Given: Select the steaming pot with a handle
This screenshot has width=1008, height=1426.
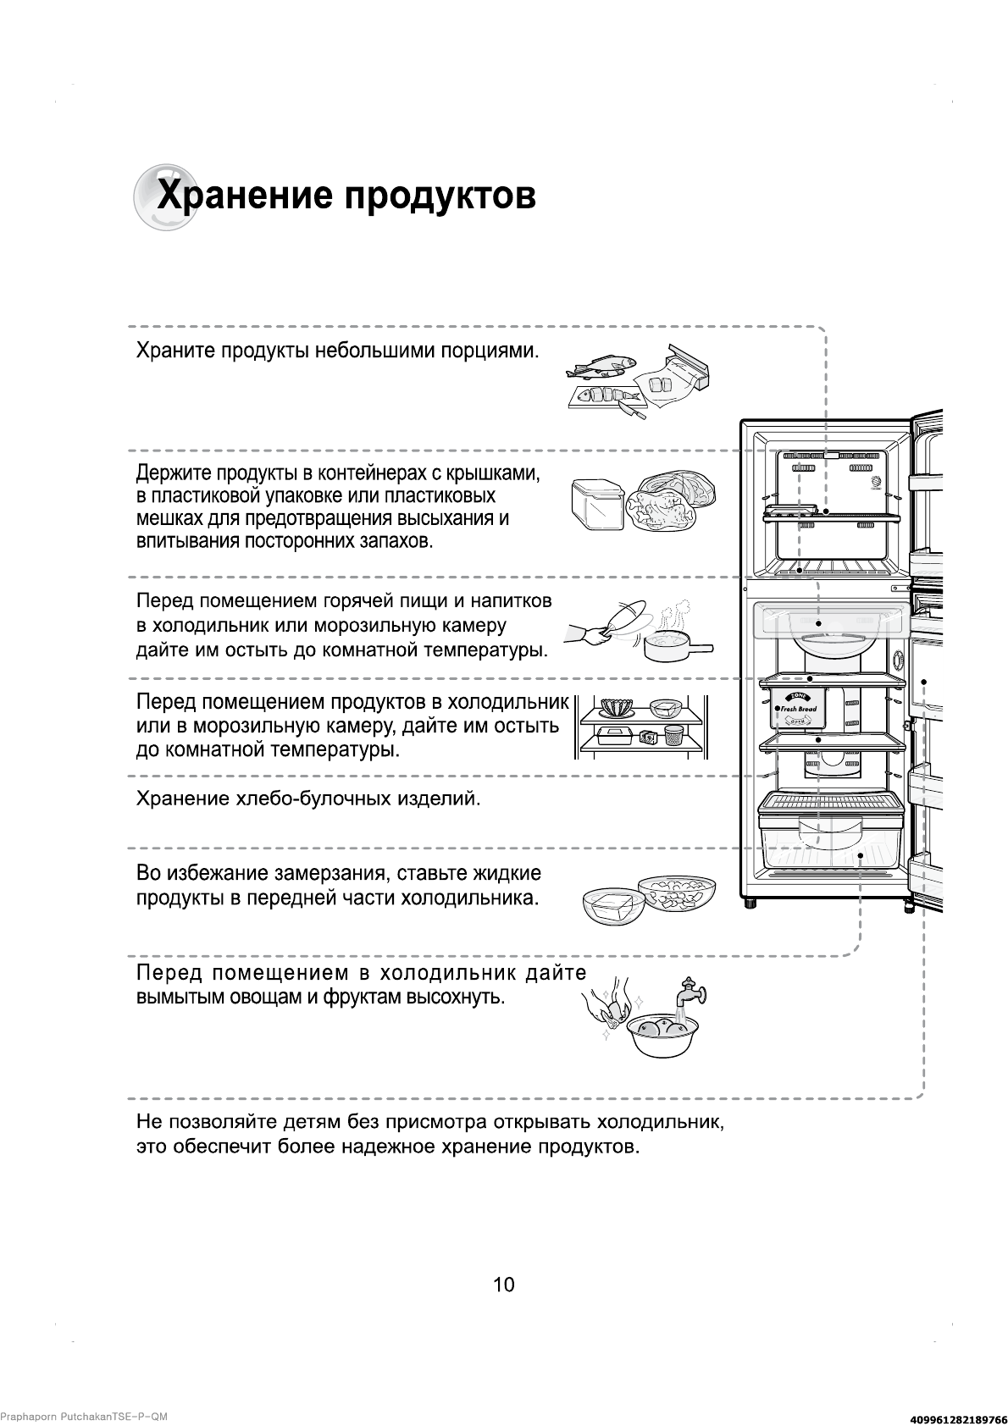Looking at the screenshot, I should [x=673, y=647].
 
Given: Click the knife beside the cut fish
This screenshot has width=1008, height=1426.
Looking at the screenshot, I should [x=630, y=412].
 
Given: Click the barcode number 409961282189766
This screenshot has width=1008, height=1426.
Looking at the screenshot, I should [x=951, y=1418].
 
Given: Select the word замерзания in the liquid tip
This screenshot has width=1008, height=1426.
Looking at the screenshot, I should [x=330, y=873].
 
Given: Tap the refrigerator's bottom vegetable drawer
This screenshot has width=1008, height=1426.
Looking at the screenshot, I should [x=829, y=842].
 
